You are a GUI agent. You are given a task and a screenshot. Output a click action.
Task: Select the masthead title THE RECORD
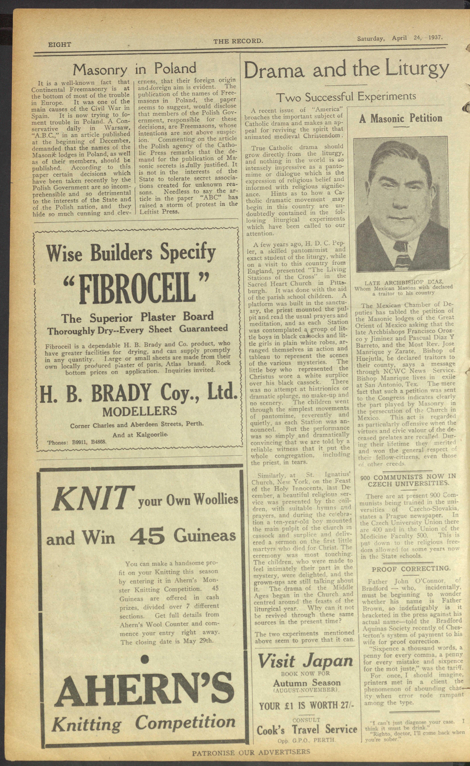pos(238,41)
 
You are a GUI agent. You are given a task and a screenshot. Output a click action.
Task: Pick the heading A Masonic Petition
pos(401,118)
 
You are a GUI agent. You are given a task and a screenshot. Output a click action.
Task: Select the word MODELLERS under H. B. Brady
pos(140,411)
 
